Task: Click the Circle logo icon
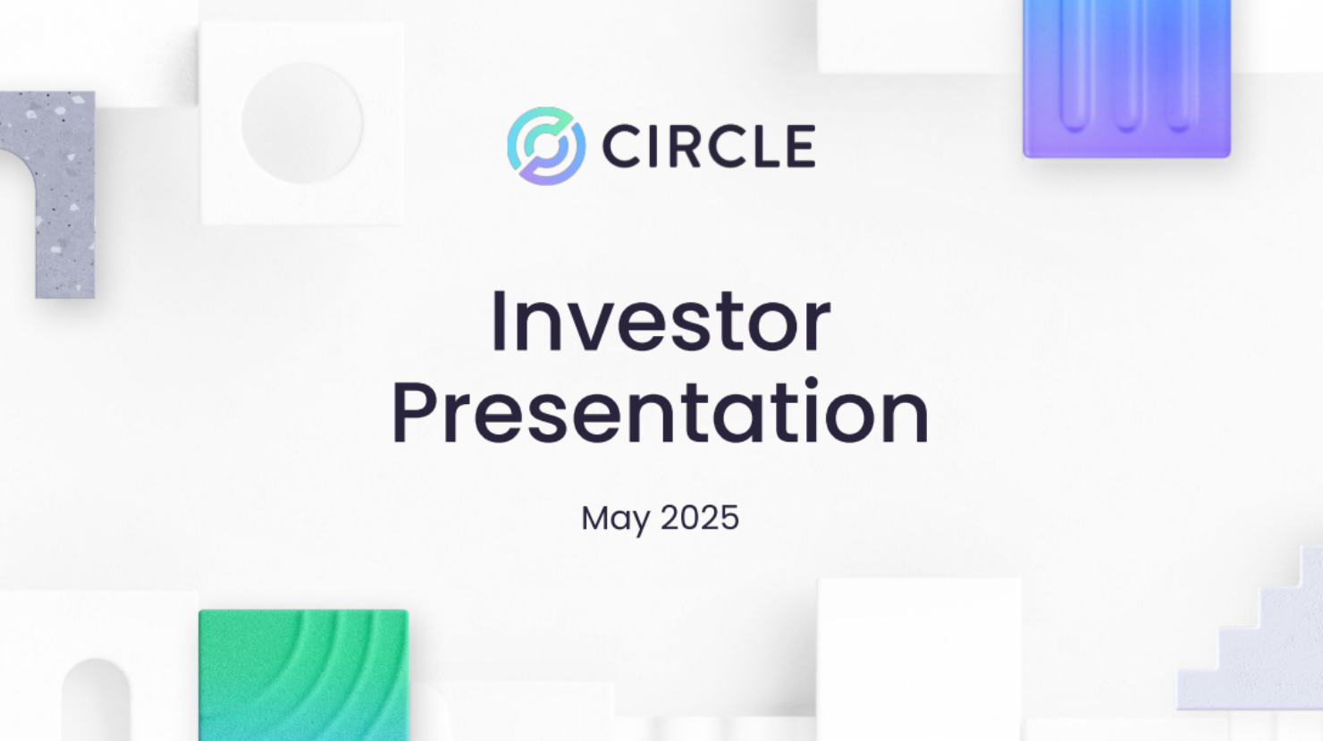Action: pos(546,146)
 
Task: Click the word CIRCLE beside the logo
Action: pos(709,147)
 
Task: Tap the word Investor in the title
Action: pos(661,322)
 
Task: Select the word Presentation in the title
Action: pos(661,411)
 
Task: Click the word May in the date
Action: pos(615,518)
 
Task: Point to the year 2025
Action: pos(700,518)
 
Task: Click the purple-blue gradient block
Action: pos(1126,79)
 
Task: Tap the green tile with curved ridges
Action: pos(303,675)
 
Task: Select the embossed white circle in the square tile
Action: pos(302,123)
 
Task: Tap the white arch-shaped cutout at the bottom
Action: pos(96,702)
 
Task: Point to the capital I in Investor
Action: pos(499,322)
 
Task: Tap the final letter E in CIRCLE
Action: pos(801,147)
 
